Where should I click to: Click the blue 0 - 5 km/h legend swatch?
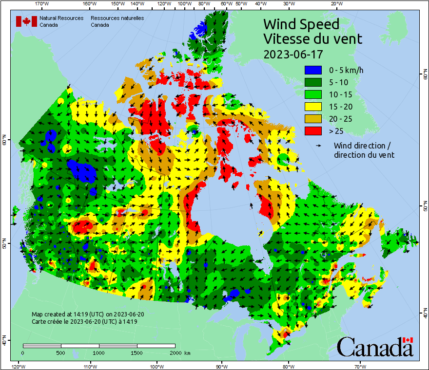tap(313, 70)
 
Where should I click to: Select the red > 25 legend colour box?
tap(313, 130)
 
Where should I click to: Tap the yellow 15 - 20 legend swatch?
tap(313, 106)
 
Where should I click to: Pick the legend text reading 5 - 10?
tap(339, 82)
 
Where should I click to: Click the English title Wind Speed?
tap(301, 24)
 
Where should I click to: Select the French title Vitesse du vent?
tap(312, 38)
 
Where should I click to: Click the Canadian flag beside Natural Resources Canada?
tap(26, 21)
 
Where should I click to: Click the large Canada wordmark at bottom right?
tap(374, 347)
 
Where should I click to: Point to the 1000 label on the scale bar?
tap(99, 352)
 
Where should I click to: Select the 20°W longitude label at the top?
tap(335, 4)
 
